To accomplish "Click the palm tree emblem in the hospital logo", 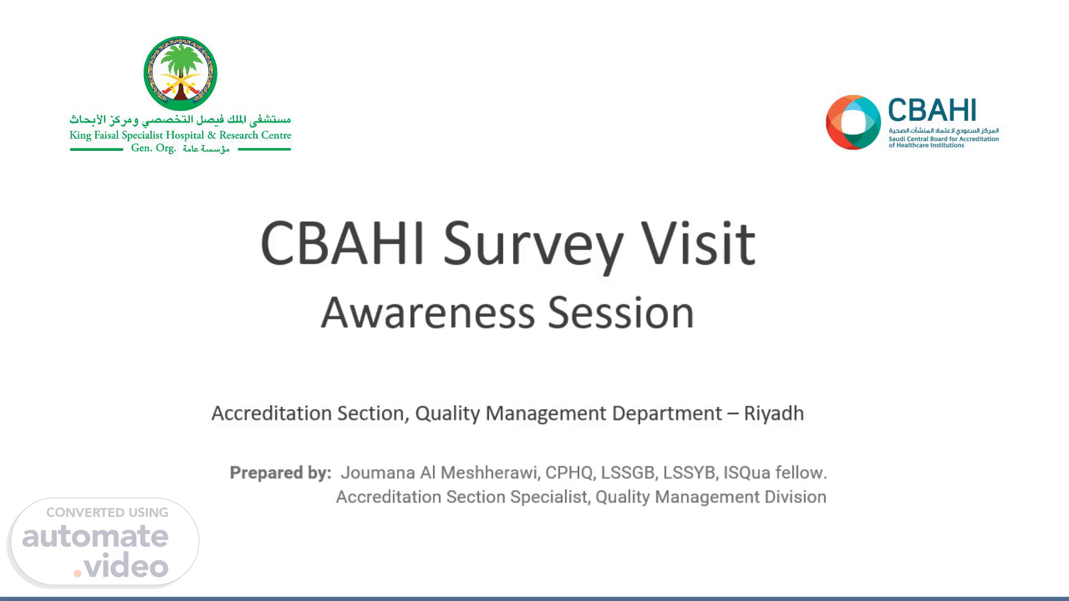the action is tap(180, 73).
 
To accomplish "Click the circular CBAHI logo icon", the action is tap(853, 122).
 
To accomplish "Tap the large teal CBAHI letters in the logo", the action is tap(932, 110).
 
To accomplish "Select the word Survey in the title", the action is tap(533, 245).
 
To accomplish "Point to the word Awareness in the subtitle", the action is tap(428, 312).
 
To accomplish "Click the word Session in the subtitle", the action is tap(621, 312).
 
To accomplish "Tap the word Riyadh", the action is tap(774, 413).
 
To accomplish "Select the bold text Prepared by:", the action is tap(281, 472).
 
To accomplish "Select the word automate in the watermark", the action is tap(95, 536).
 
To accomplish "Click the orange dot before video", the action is tap(78, 573).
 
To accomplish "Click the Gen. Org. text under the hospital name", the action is tap(153, 148).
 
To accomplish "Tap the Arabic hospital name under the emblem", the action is tap(180, 120).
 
